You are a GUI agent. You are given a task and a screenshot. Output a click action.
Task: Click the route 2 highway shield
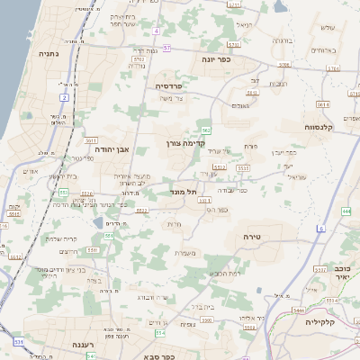pos(65,96)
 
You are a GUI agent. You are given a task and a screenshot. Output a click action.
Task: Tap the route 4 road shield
pos(156,31)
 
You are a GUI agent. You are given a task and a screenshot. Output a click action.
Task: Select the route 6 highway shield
pos(320,229)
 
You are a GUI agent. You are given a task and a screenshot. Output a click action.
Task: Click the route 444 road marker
pos(346,211)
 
